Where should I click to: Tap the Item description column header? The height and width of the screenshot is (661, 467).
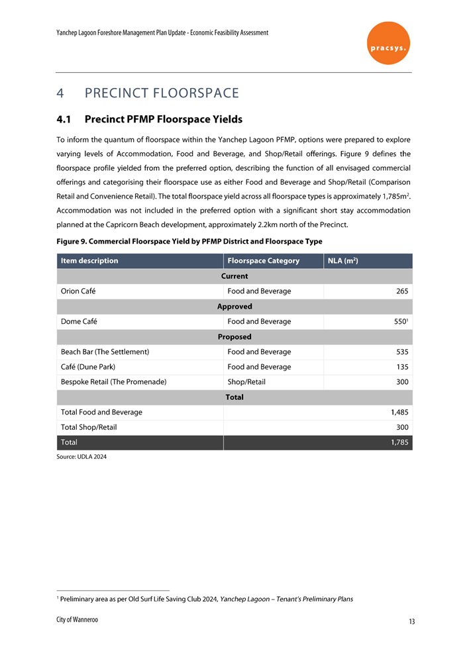(89, 261)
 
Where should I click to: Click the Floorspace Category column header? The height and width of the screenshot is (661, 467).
(263, 261)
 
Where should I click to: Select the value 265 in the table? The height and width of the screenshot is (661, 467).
(400, 291)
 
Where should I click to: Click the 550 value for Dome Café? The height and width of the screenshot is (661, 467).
(399, 322)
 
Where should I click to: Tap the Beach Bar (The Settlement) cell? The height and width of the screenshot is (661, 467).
(105, 352)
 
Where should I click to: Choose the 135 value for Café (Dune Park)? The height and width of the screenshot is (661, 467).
(400, 367)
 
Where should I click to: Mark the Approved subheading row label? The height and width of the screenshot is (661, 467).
(234, 307)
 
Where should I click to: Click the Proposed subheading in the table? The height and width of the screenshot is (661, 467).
(234, 336)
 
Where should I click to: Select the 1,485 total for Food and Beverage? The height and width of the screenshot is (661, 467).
(397, 412)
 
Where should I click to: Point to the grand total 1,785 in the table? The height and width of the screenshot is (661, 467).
(397, 442)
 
